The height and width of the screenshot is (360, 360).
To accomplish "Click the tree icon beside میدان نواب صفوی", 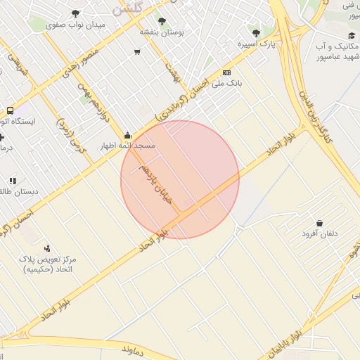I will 76,13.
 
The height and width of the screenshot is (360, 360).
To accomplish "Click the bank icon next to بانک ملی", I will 227,72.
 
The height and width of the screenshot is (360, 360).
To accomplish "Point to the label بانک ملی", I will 228,83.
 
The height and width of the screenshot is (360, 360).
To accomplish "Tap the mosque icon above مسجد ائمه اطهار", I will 127,136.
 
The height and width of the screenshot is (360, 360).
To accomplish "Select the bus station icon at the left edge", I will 10,111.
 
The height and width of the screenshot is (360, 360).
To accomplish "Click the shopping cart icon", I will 137,51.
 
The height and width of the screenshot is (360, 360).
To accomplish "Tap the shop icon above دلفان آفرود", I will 319,223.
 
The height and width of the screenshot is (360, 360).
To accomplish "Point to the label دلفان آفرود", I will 320,233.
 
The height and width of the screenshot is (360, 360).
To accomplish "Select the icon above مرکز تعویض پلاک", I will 47,247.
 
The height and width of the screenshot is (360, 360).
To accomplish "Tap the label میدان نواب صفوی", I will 77,25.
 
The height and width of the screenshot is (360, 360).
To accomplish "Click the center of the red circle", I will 180,179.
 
